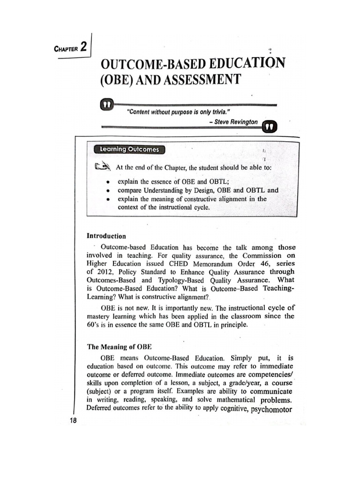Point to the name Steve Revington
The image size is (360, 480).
point(235,121)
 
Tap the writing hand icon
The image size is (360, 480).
point(102,166)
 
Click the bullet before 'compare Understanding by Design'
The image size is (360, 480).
point(108,191)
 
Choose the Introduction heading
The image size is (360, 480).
point(106,236)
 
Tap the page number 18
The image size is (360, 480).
point(73,420)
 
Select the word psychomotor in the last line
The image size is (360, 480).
point(271,409)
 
